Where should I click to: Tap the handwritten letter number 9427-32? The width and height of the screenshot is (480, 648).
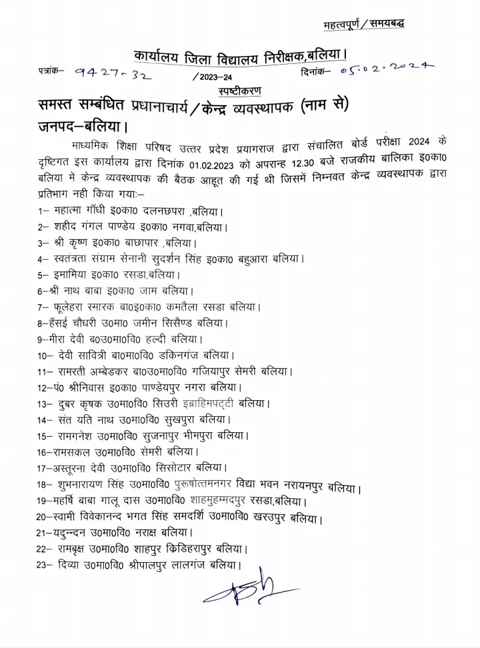pos(114,74)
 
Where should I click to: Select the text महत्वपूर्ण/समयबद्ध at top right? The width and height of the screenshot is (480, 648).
pos(363,25)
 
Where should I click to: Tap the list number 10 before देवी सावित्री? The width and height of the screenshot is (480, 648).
pos(45,356)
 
